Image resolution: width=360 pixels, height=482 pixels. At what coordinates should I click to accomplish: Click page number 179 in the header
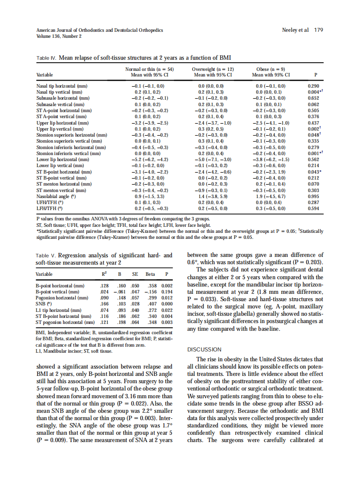coord(318,30)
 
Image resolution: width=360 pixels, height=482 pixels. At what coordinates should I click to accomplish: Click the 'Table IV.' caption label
coord(45,58)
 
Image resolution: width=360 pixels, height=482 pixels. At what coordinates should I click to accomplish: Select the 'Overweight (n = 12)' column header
coord(213,69)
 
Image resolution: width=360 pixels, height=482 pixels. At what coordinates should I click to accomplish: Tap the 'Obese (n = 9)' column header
coord(271,69)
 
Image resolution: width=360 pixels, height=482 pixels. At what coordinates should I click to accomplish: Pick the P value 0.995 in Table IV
coord(314,196)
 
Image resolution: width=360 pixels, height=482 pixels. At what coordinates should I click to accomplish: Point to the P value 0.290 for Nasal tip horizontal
coord(314,86)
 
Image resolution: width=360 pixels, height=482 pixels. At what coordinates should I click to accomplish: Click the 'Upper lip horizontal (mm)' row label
coord(63,123)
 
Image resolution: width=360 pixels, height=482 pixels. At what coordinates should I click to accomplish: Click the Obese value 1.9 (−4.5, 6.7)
coord(271,196)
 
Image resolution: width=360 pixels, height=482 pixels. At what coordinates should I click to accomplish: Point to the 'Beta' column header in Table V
coord(150,274)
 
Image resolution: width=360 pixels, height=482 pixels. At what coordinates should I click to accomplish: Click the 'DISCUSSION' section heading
coord(204,349)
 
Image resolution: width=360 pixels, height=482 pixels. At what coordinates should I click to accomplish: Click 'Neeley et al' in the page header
coord(296,30)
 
